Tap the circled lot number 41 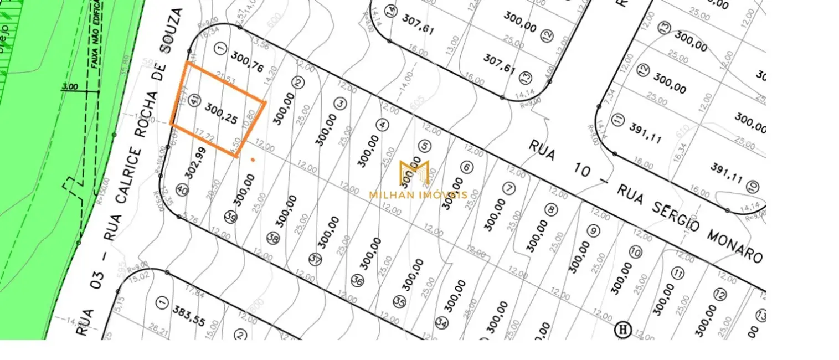tap(194, 100)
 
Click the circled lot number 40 tap(183, 190)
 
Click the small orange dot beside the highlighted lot tap(253, 160)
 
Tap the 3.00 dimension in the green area tap(70, 87)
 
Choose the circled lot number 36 tap(358, 281)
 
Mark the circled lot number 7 tap(509, 188)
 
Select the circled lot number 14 tap(392, 11)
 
